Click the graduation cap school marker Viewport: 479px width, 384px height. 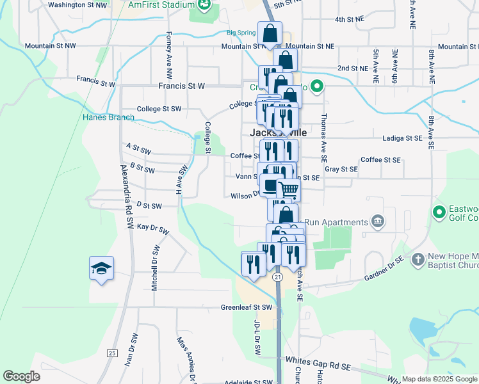click(x=101, y=268)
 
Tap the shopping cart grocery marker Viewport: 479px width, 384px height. click(x=288, y=190)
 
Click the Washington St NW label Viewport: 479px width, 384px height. click(x=77, y=4)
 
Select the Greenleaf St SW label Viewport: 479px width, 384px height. click(x=247, y=307)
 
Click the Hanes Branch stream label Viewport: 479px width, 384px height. click(x=108, y=117)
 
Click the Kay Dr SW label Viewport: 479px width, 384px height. click(x=152, y=228)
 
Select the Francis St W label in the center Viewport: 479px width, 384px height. click(x=182, y=85)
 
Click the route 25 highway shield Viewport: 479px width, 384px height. click(x=113, y=353)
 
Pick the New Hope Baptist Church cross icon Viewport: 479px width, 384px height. click(x=418, y=259)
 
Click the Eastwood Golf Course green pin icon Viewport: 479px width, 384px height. click(x=439, y=211)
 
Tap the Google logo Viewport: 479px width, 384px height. click(x=21, y=376)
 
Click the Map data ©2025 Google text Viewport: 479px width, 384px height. click(x=439, y=379)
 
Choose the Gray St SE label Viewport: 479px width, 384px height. click(x=340, y=170)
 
